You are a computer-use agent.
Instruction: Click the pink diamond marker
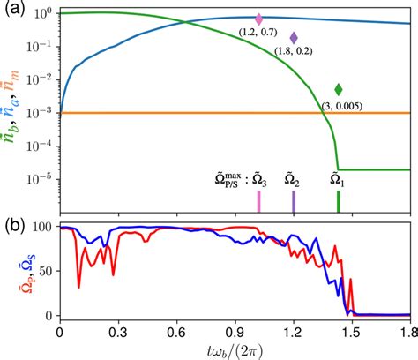point(258,19)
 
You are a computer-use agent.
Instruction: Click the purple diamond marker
point(294,38)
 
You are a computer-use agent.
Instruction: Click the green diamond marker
point(339,89)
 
